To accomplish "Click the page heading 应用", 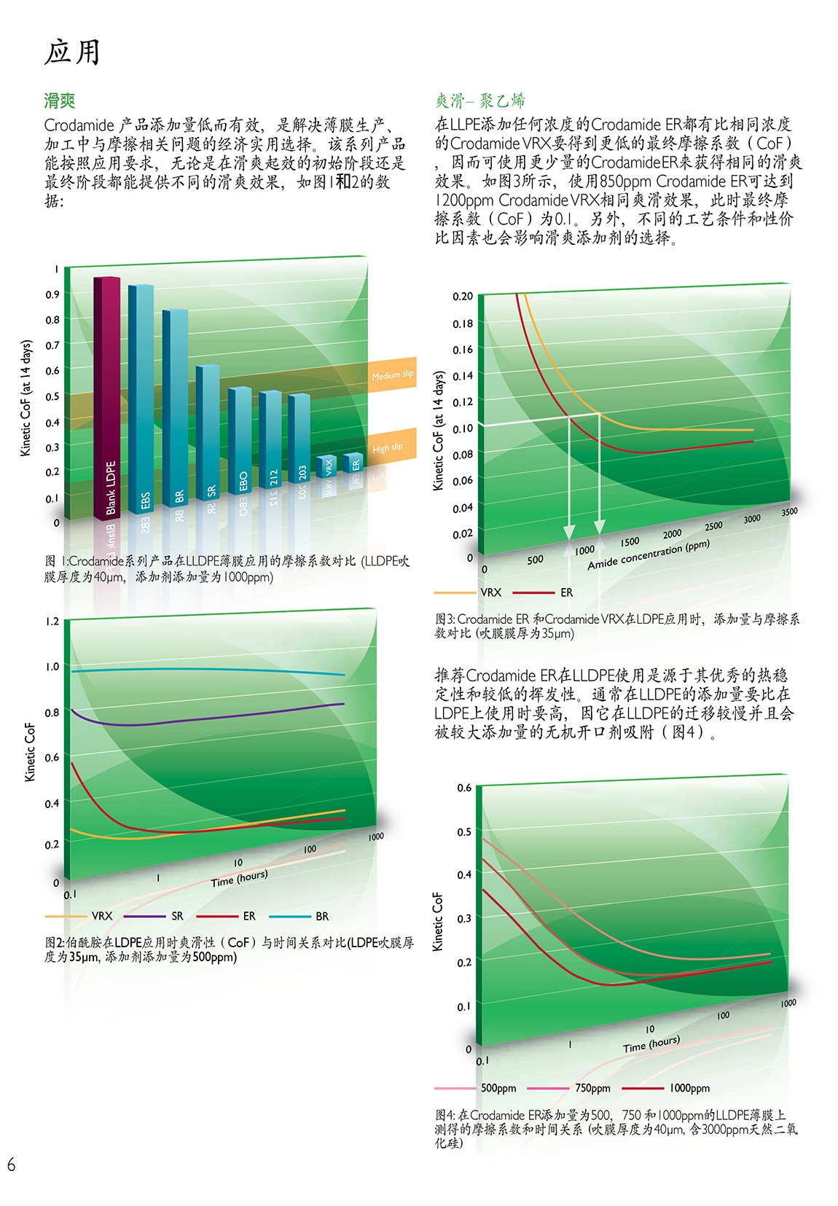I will pos(72,52).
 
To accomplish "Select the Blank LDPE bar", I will pos(107,397).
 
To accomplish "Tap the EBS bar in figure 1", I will pos(141,401).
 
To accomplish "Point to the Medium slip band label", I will pos(392,375).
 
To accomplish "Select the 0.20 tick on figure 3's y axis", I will pos(463,297).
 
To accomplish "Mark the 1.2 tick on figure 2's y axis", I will pos(52,622).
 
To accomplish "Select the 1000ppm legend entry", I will pos(689,1088).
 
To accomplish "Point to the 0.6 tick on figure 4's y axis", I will pos(464,788).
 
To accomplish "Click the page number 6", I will pos(11,1164).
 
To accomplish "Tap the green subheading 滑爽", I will pos(60,101).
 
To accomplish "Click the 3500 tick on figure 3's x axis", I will pos(789,512).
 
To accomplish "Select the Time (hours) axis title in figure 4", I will pos(651,1044).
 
